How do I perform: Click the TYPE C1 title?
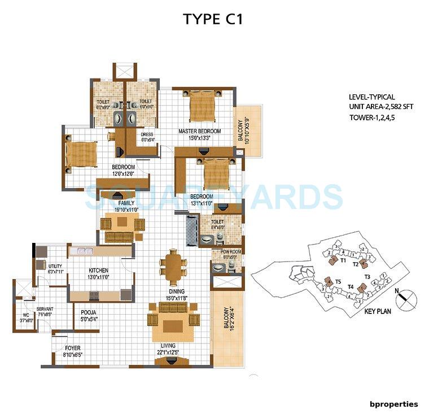coord(213,19)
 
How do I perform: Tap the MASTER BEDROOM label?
coord(199,131)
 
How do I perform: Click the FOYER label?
coord(73,348)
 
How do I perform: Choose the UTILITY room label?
coord(55,265)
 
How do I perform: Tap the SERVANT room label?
coord(45,309)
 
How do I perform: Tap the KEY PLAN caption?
coord(378,311)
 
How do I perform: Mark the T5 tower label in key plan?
coord(338,281)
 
